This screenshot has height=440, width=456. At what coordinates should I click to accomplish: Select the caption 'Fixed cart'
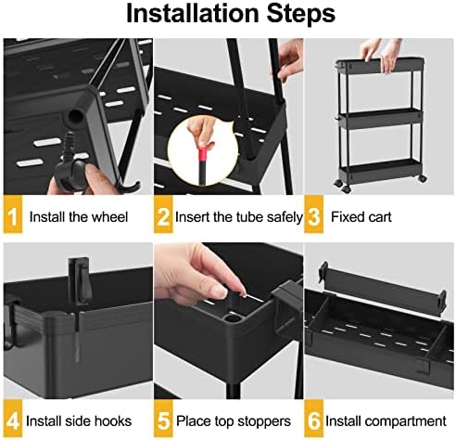[x=362, y=218]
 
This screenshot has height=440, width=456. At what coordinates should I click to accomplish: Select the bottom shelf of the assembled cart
[x=379, y=170]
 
